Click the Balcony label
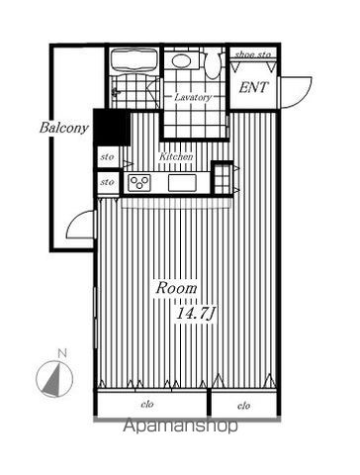click(x=64, y=128)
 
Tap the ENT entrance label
click(x=253, y=88)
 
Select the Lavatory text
click(x=193, y=97)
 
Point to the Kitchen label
click(x=176, y=156)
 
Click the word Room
click(x=176, y=288)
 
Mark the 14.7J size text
click(x=195, y=313)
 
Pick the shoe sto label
click(x=253, y=54)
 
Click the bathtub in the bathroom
click(x=134, y=60)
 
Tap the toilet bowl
click(x=212, y=65)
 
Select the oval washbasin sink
click(x=181, y=61)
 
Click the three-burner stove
click(x=139, y=183)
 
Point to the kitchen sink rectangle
click(x=182, y=183)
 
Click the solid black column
click(x=112, y=127)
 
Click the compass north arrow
click(x=53, y=379)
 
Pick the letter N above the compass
click(x=62, y=354)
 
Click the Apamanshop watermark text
click(x=180, y=426)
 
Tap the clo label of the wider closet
click(x=147, y=404)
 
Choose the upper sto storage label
click(x=107, y=157)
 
